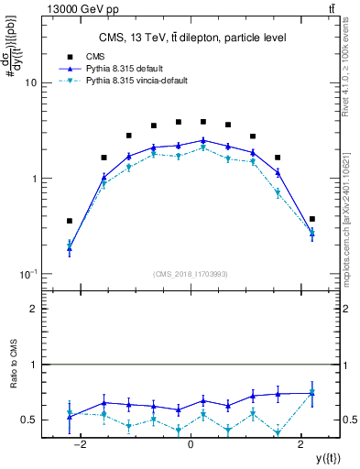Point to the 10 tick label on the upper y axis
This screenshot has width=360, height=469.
point(29,82)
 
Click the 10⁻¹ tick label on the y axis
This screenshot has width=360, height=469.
point(27,275)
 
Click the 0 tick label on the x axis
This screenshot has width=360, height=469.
point(190,444)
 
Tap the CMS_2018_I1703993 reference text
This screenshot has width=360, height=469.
point(190,274)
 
